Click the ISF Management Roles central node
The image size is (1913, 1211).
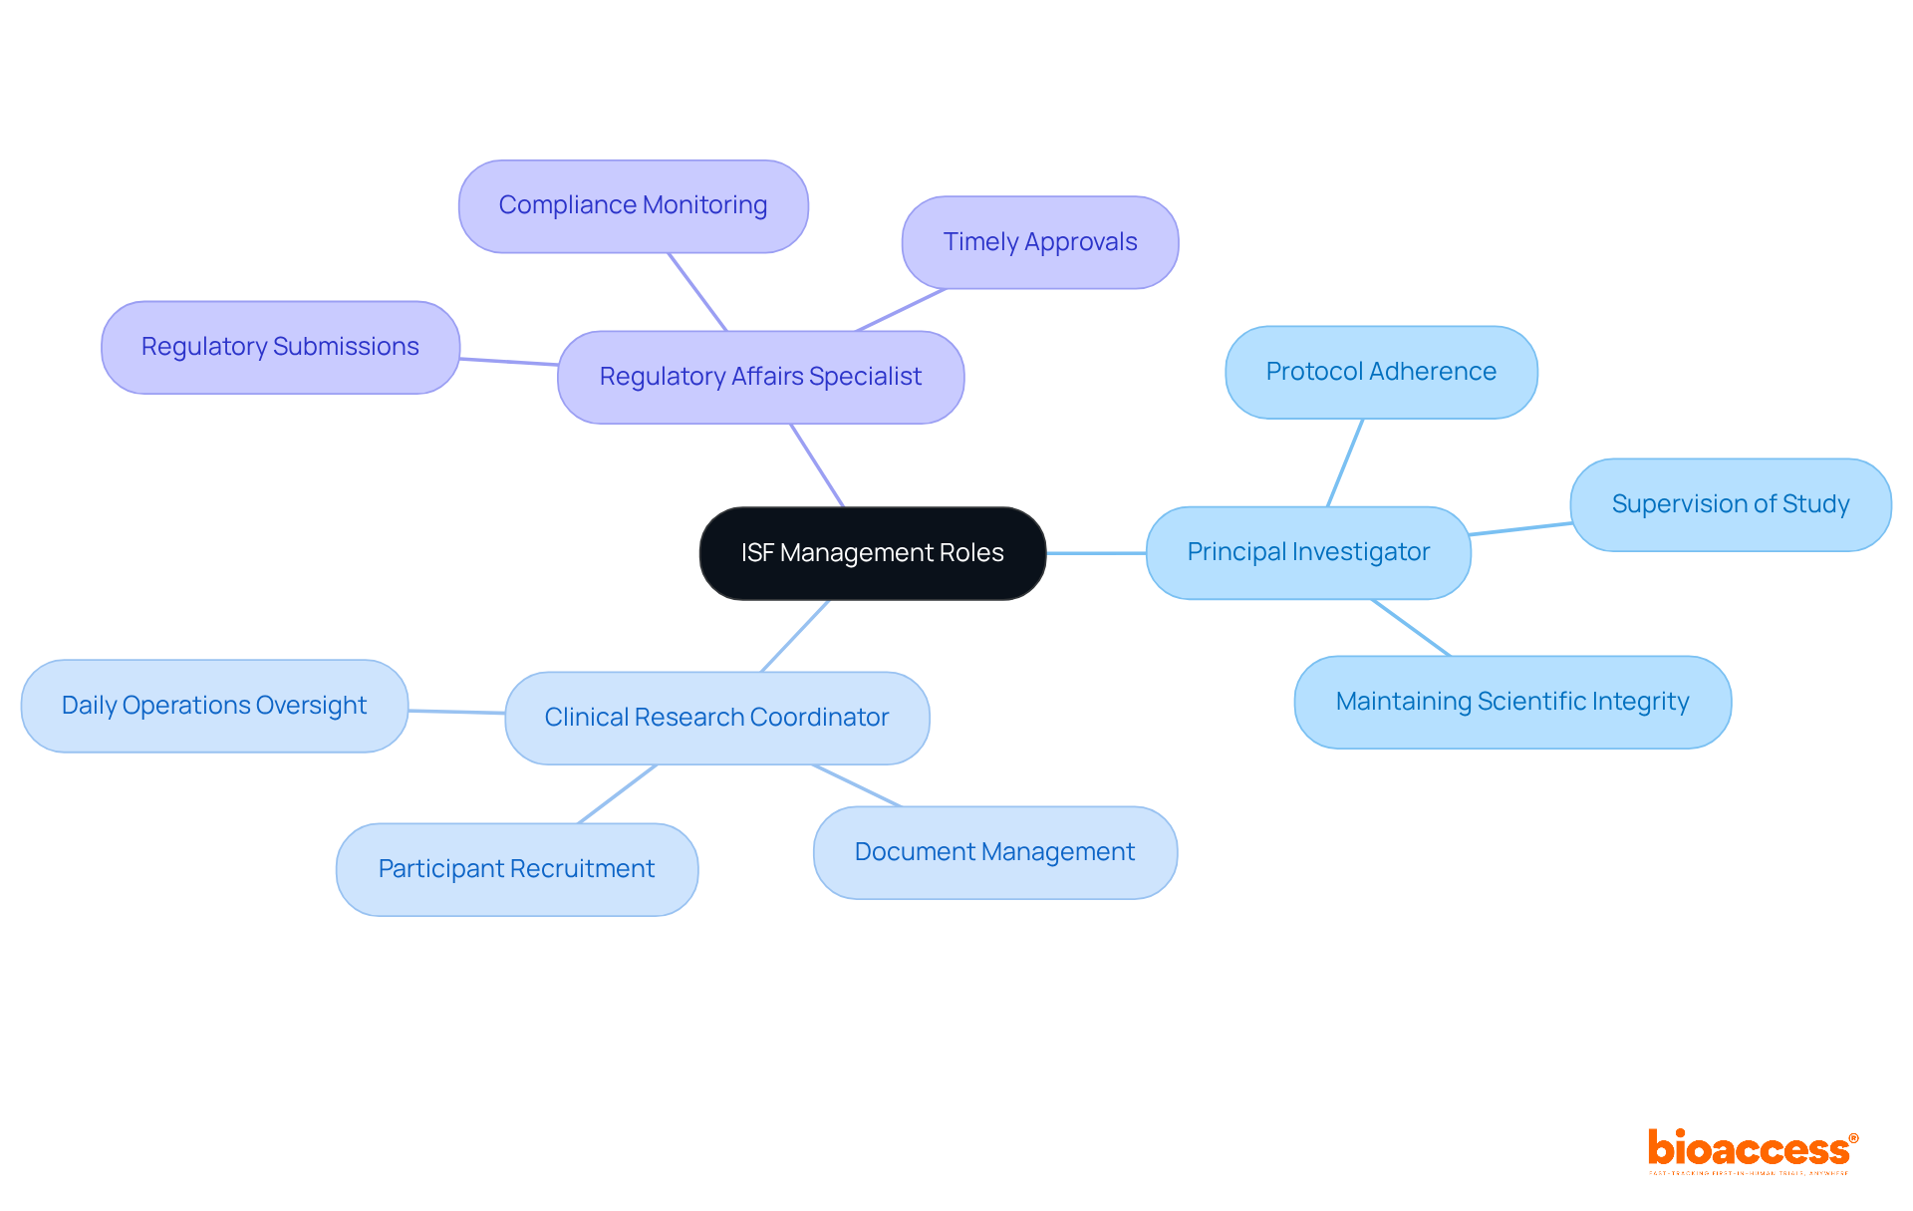coord(872,553)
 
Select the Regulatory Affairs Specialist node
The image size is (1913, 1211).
coord(760,377)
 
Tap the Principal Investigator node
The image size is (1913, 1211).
coord(1308,552)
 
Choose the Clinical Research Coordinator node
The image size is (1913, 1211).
coord(716,718)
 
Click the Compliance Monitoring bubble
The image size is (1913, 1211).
coord(633,205)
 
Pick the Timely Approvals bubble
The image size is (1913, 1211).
coord(1040,242)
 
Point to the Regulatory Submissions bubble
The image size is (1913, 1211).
coord(280,347)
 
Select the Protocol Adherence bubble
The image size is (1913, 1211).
coord(1381,372)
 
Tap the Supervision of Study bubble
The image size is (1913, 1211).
coord(1731,504)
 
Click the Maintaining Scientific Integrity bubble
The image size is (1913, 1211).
coord(1511,702)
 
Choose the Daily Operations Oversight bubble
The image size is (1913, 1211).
coord(214,706)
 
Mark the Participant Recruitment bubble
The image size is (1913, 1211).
coord(516,869)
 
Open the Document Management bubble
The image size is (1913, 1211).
coord(994,852)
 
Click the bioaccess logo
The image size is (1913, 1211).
coord(1752,1150)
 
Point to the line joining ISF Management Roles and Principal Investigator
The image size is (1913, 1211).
coord(1096,553)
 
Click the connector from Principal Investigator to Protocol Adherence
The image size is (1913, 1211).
coord(1345,462)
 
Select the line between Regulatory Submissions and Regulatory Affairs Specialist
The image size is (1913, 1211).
coord(508,362)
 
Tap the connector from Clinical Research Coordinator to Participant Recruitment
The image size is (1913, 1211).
coord(618,793)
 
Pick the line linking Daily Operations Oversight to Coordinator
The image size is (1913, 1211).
coord(456,712)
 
